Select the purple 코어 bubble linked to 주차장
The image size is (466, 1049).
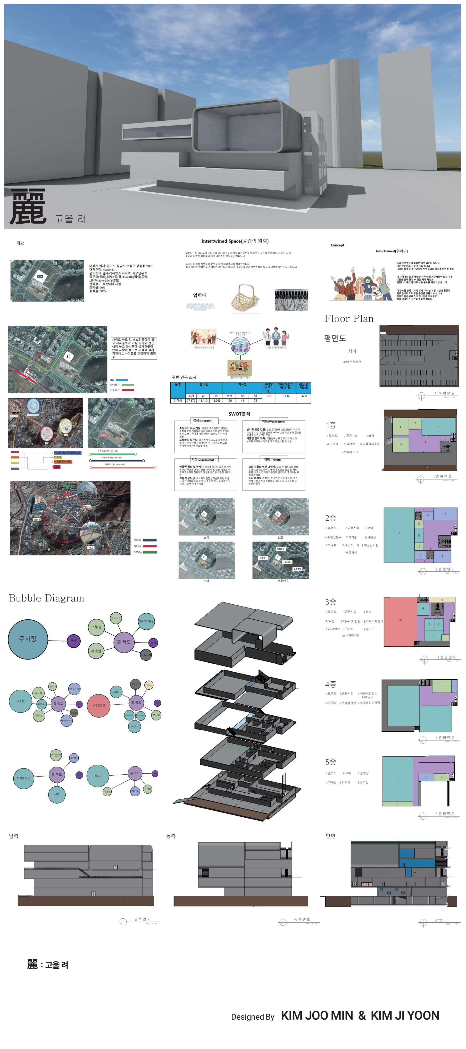pos(74,641)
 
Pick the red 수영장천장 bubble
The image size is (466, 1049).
pos(99,705)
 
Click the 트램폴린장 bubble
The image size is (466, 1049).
pos(24,778)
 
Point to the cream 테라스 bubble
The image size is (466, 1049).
pos(149,685)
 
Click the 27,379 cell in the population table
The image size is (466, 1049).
pos(191,401)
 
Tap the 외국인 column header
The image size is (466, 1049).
pos(242,384)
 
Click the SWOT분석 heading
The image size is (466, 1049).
pos(239,414)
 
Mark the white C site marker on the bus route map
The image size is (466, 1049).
pos(68,357)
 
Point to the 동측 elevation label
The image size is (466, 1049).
pos(171,836)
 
